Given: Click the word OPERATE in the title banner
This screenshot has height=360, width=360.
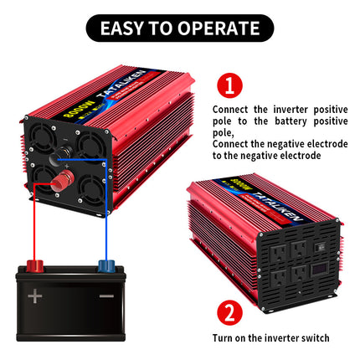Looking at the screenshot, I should click(215, 28).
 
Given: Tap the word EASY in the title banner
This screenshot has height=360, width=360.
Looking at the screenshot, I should click(123, 28).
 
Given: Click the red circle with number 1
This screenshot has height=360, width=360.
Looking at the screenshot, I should click(229, 85).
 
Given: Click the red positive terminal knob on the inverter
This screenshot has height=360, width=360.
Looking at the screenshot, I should click(61, 183).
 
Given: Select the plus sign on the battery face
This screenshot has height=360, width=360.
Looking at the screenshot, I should click(34, 296).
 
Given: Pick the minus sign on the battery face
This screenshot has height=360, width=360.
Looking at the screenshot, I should click(106, 296).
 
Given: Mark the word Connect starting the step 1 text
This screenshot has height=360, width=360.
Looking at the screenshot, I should click(228, 110).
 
